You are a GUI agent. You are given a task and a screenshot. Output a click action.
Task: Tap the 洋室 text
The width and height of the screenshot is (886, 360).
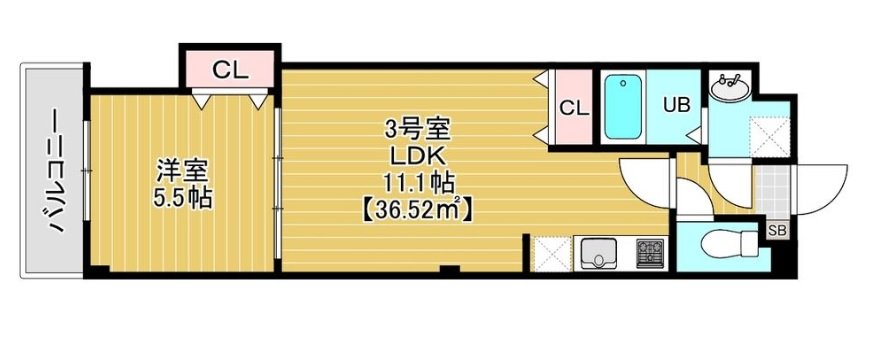click(x=179, y=169)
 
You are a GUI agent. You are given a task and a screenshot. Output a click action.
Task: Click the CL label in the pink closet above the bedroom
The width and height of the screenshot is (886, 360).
click(x=229, y=70)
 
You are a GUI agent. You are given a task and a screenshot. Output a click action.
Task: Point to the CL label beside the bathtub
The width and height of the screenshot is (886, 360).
click(x=573, y=108)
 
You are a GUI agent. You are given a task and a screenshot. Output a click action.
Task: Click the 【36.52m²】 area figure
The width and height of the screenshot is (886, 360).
click(x=418, y=210)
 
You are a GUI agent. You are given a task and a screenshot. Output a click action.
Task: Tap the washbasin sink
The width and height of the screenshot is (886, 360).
click(x=729, y=87)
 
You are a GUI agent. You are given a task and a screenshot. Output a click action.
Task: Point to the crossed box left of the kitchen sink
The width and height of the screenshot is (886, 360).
click(x=551, y=253)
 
